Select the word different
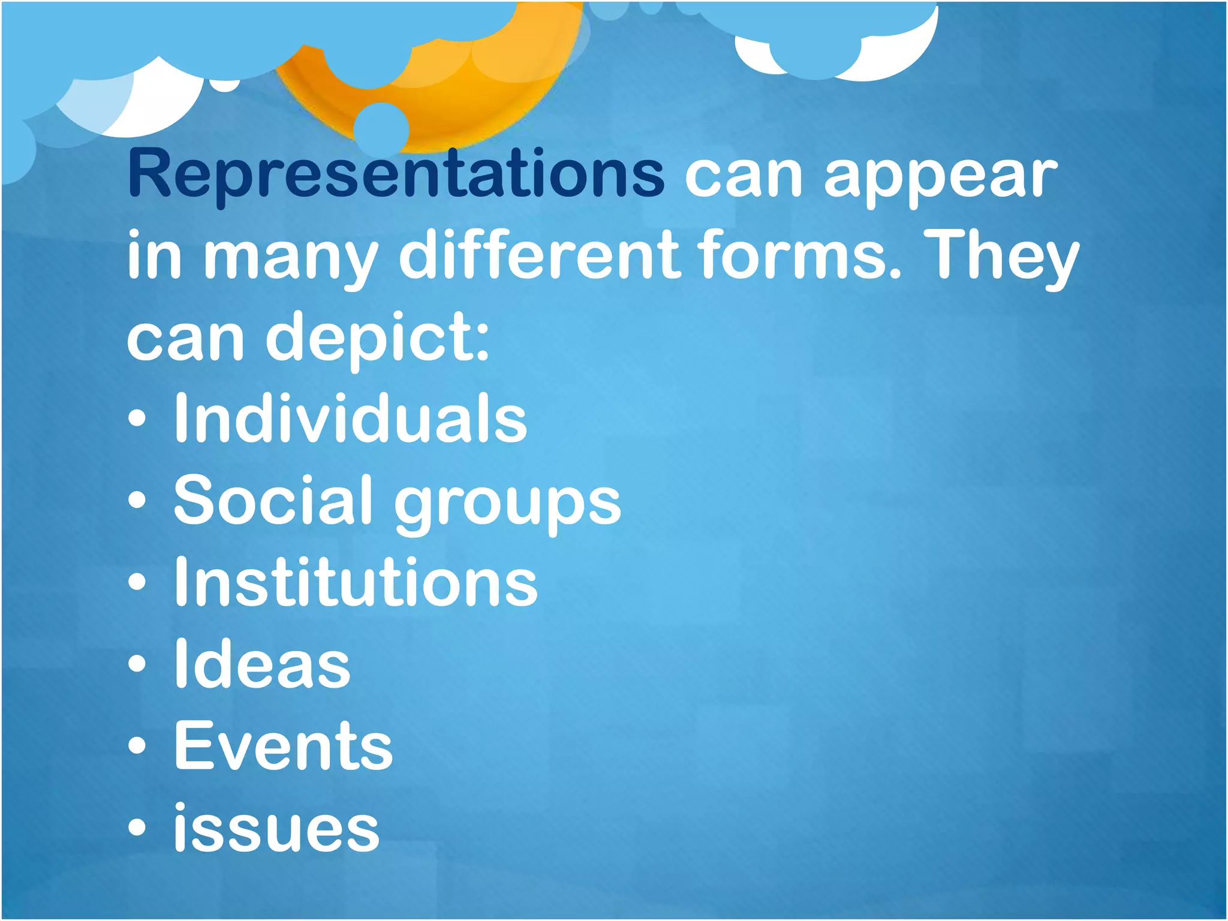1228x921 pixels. [x=540, y=256]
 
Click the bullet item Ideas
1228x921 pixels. [x=262, y=664]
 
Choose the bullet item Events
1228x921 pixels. [x=283, y=747]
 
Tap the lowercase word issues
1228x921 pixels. [x=276, y=828]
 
